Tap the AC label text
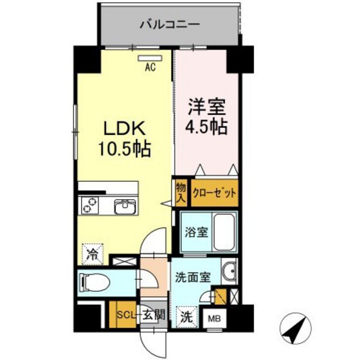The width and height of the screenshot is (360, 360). click(150, 66)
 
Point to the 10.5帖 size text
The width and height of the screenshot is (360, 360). click(125, 150)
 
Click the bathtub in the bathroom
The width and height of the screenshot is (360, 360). click(224, 232)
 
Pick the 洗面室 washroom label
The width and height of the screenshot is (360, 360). click(192, 278)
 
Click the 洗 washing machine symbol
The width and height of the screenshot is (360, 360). click(186, 316)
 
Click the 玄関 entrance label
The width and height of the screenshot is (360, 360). click(154, 314)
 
